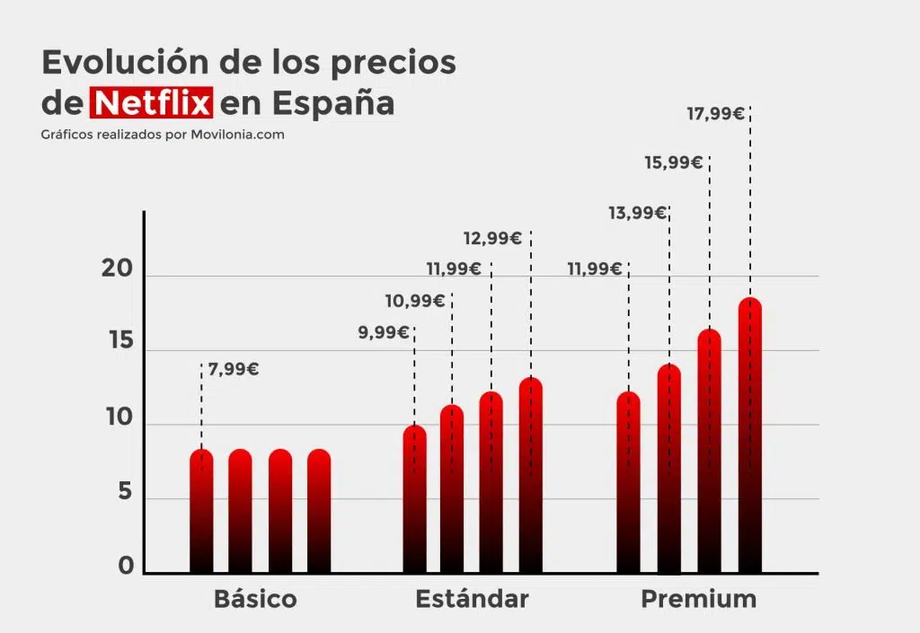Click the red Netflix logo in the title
[x=152, y=101]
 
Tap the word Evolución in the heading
[x=106, y=62]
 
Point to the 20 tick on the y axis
[x=118, y=269]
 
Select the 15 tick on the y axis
[x=118, y=343]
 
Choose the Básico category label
[x=255, y=599]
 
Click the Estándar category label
[x=472, y=599]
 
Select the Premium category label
[x=698, y=599]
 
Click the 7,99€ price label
[x=234, y=368]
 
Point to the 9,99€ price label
[x=383, y=333]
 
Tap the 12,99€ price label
[x=492, y=238]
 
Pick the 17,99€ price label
[x=715, y=113]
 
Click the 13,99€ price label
[x=637, y=213]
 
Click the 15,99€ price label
[x=674, y=163]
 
